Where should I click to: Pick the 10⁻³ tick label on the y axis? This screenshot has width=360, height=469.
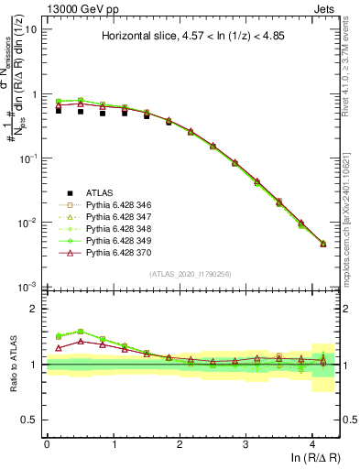pos(28,288)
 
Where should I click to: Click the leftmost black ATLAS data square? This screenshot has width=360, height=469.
pos(59,109)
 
